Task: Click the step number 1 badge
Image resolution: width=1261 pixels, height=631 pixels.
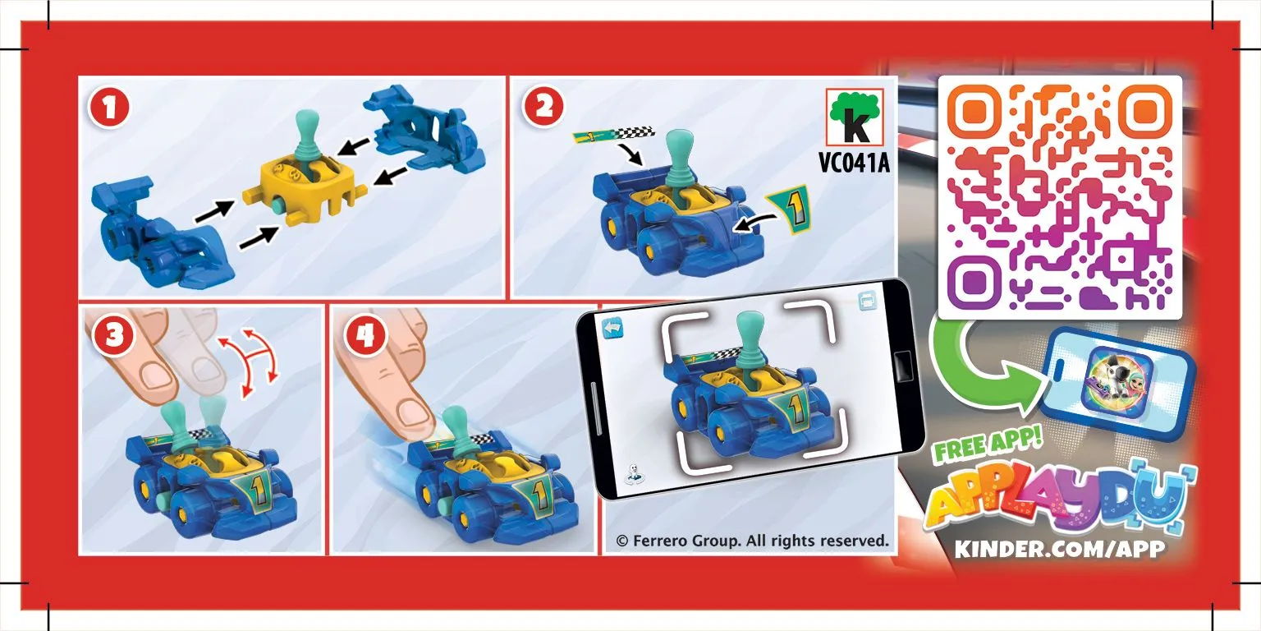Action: tap(108, 108)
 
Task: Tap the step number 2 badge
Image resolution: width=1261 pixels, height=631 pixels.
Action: tap(543, 107)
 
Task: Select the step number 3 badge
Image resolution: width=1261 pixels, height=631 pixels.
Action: tap(114, 336)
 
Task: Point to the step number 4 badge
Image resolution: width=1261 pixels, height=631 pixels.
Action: tap(365, 336)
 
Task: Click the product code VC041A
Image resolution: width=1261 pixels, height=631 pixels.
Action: tap(854, 163)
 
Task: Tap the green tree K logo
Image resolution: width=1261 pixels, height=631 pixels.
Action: tap(855, 117)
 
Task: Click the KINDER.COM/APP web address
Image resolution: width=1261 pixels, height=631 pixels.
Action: tap(1060, 549)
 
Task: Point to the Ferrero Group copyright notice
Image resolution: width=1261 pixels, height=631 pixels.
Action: tap(752, 541)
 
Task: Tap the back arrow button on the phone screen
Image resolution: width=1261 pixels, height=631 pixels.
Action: tap(612, 328)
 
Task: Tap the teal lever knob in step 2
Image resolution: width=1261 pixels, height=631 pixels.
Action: tap(680, 150)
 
